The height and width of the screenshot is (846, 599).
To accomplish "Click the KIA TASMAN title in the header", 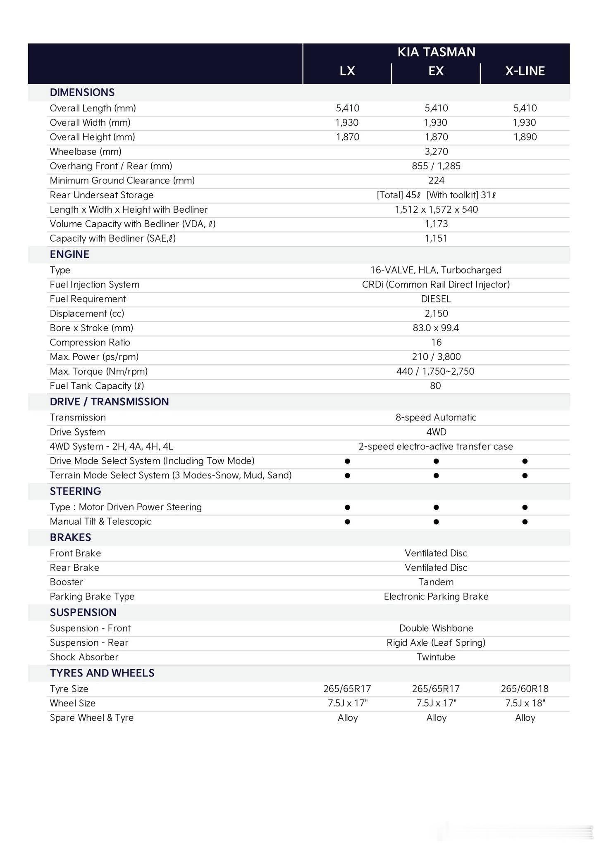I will tap(436, 52).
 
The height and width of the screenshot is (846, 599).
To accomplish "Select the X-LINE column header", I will tap(525, 71).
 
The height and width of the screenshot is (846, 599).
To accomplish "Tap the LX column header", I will tap(347, 71).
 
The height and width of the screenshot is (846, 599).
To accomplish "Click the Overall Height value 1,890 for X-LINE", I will tap(525, 137).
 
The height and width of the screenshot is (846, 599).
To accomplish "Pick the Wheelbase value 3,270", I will tap(436, 152).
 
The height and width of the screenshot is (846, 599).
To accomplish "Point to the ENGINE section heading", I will tap(69, 254).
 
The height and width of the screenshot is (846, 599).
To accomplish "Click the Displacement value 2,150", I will tap(436, 314).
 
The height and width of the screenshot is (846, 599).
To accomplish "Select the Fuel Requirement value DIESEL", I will tap(436, 299).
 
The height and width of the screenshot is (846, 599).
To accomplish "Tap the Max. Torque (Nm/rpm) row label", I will tap(98, 371).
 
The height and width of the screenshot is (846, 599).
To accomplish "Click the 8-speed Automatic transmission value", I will tap(436, 418).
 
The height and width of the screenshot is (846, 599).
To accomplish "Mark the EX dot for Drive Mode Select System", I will tap(436, 461).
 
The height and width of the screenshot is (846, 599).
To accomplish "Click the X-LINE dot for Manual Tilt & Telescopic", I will tap(525, 522).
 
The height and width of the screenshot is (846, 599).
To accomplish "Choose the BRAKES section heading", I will tap(70, 537).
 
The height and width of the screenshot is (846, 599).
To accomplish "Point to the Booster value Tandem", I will tap(436, 582).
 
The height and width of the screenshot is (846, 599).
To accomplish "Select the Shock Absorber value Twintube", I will tap(436, 657).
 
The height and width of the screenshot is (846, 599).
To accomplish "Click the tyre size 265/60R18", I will tap(525, 689).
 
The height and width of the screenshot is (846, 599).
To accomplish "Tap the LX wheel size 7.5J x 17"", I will tap(347, 703).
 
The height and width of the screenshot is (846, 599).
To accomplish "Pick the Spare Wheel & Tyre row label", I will tap(91, 718).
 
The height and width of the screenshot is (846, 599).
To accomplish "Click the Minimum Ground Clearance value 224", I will tap(436, 181).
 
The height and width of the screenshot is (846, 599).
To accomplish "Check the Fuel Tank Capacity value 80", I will tap(435, 386).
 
